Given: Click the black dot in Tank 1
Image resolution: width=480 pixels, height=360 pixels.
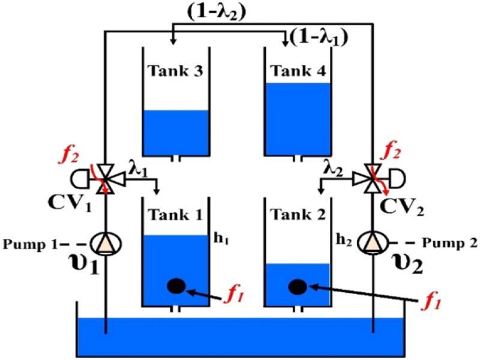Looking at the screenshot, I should point(175,286).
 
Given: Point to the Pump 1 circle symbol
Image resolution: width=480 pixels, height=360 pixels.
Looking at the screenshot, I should point(106,242).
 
